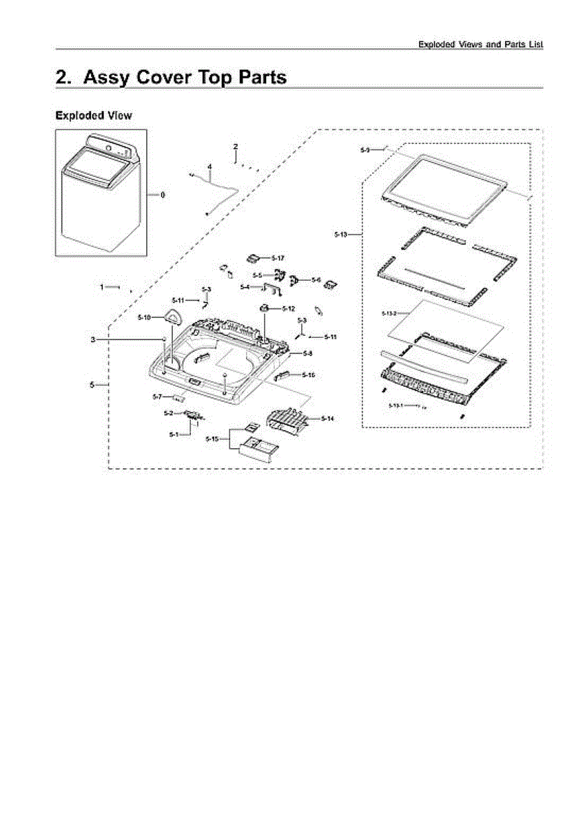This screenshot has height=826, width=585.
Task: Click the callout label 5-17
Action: [278, 257]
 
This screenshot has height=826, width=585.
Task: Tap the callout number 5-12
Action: [288, 308]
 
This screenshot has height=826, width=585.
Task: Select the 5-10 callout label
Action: [144, 317]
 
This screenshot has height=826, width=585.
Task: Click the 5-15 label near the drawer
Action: [213, 438]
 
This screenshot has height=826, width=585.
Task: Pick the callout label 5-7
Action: [157, 397]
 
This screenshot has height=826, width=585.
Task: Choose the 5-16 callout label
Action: [308, 375]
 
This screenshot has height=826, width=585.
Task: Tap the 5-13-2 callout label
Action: [389, 314]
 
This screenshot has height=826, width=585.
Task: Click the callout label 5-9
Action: [366, 149]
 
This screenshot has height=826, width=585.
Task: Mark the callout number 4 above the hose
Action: [209, 167]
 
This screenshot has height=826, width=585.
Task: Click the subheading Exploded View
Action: [94, 116]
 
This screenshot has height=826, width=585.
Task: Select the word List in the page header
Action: [535, 44]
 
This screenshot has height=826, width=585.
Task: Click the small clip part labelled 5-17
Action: [253, 257]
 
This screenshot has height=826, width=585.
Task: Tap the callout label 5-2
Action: [168, 413]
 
